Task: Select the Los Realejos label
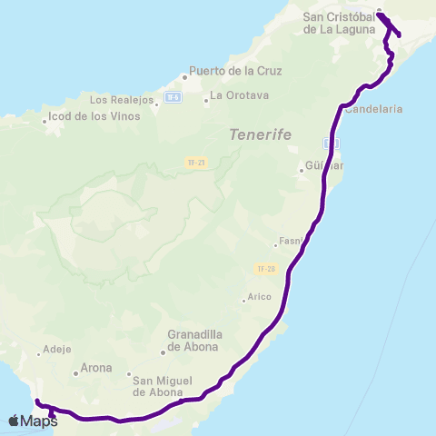[x=122, y=100]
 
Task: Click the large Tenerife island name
[x=261, y=134]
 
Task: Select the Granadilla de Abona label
[x=193, y=341]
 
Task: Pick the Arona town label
[x=96, y=369]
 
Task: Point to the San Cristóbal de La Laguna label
[x=338, y=23]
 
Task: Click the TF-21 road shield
[x=193, y=162]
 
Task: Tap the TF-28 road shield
[x=265, y=269]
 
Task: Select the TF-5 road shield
[x=173, y=95]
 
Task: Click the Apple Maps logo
[x=33, y=421]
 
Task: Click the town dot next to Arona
[x=75, y=372]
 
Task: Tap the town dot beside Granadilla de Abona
[x=163, y=352]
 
